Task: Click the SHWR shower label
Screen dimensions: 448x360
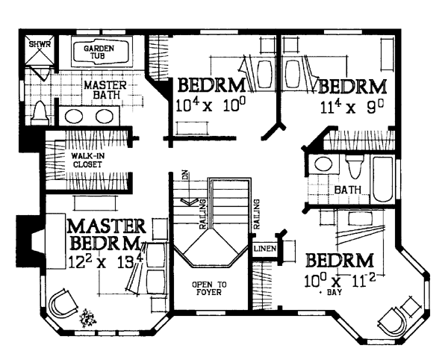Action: pos(40,44)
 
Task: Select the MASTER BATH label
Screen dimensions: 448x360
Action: pos(105,90)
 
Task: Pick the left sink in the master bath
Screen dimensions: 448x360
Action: pos(74,117)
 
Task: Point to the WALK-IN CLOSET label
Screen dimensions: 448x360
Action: pos(87,161)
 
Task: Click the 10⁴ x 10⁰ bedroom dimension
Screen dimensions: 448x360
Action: pos(211,105)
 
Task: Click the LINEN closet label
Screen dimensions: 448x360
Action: pos(265,249)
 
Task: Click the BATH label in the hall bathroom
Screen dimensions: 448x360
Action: pos(347,190)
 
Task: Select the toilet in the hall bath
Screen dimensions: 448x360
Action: pos(354,167)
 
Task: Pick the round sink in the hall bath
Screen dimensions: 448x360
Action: pos(323,164)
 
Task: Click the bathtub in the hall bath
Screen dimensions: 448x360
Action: pos(383,179)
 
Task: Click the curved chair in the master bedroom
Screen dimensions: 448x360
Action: pos(63,303)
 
